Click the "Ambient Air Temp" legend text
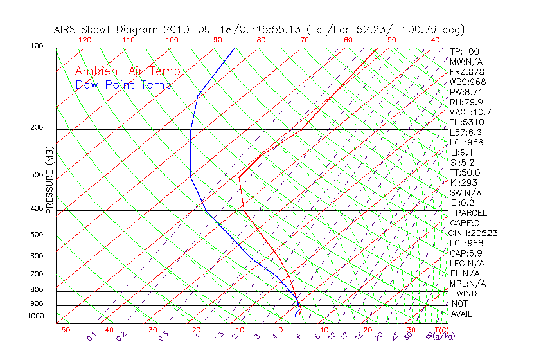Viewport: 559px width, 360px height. coord(128,71)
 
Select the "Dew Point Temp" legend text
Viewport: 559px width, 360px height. coord(123,85)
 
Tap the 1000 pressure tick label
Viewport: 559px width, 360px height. coord(37,316)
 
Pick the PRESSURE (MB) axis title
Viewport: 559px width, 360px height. coord(50,180)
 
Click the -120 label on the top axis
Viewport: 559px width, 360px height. coord(82,39)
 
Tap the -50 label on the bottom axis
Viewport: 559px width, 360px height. coord(62,330)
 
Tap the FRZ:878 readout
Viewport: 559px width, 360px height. coord(466,72)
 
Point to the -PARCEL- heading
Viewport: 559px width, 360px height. coord(472,213)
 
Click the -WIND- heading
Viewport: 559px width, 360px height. coord(468,293)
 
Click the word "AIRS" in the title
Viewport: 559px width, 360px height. coord(66,30)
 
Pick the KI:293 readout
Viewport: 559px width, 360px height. coord(464,183)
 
